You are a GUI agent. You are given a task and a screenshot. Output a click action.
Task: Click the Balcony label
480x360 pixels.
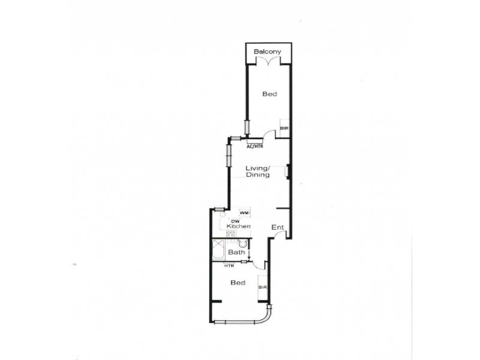268,52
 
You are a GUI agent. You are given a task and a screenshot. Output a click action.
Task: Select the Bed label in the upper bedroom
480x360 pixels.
269,94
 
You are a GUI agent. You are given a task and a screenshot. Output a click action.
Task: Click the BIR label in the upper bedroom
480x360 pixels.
284,128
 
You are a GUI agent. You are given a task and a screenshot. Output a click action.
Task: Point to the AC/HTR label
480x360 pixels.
255,146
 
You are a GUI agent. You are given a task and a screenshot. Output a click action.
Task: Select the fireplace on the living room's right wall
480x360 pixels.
288,172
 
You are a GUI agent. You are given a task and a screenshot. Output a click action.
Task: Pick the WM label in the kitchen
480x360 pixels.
244,212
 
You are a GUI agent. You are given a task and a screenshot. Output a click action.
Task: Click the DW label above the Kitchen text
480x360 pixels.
236,221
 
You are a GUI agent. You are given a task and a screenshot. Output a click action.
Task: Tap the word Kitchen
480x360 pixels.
242,226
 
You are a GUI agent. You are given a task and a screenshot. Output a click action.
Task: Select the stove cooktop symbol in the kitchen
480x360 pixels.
230,234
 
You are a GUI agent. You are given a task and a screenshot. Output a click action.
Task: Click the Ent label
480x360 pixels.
277,227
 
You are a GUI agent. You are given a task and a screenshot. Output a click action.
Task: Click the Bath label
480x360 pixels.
236,253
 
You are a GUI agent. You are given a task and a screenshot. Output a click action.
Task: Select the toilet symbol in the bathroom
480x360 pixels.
242,244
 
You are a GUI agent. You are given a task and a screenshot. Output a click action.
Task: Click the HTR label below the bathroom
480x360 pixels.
229,266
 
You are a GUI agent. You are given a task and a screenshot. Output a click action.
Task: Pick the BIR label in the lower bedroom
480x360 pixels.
262,287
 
